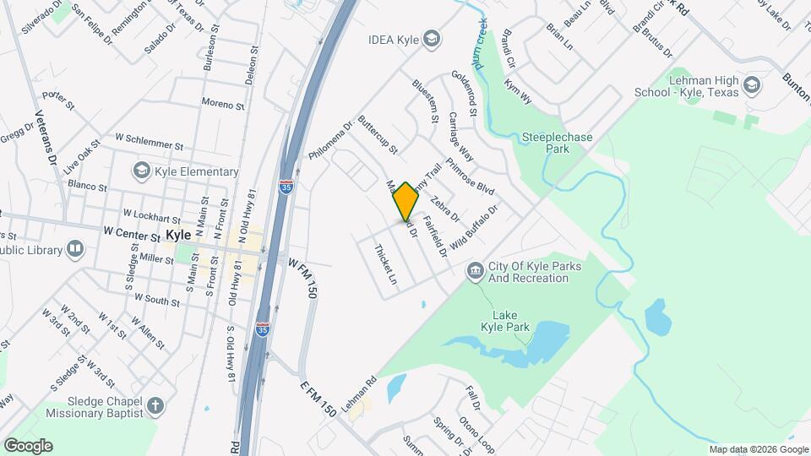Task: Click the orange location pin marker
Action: (406, 201)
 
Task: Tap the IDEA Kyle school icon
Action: (432, 39)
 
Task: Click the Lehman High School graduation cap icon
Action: (750, 84)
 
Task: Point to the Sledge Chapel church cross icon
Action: (155, 406)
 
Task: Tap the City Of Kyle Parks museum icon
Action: (475, 269)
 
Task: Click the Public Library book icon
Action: (75, 250)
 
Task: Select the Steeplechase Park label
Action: (557, 143)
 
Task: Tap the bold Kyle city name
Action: (178, 235)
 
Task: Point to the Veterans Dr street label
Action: (45, 138)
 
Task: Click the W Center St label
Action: (131, 230)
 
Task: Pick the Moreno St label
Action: (222, 105)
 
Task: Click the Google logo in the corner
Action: (28, 446)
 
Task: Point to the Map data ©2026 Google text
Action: (758, 448)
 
